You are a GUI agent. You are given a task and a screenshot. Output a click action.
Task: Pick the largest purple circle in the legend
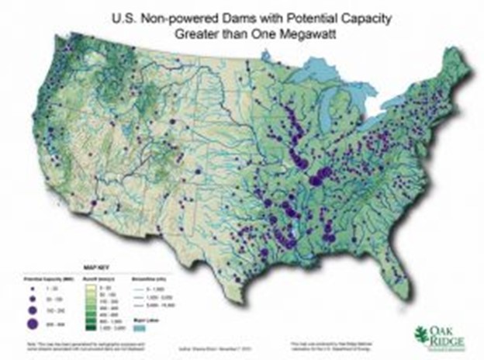coord(33,320)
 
